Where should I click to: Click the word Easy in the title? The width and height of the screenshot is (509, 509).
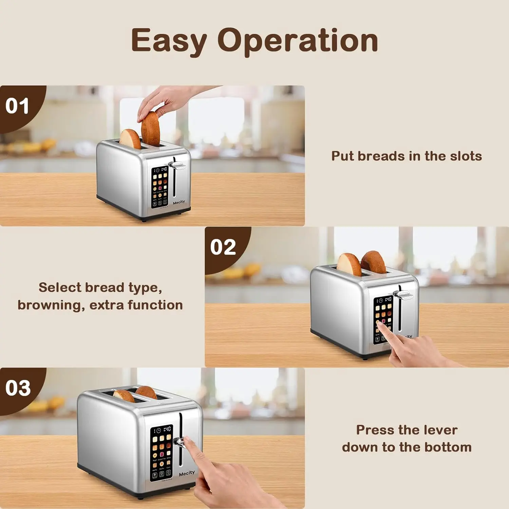pyautogui.click(x=169, y=41)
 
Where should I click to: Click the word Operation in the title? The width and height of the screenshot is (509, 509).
pyautogui.click(x=298, y=41)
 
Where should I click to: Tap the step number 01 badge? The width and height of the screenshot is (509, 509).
pyautogui.click(x=17, y=106)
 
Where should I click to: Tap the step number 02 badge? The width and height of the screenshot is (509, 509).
pyautogui.click(x=223, y=247)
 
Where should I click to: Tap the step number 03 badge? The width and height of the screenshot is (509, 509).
pyautogui.click(x=18, y=388)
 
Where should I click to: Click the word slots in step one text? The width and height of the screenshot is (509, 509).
pyautogui.click(x=466, y=156)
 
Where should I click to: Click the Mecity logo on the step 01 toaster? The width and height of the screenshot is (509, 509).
pyautogui.click(x=179, y=202)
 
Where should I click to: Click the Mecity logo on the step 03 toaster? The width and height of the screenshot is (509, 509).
pyautogui.click(x=187, y=473)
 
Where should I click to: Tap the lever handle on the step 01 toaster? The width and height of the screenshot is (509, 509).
pyautogui.click(x=177, y=165)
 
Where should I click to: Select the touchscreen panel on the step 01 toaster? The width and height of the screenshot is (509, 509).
pyautogui.click(x=160, y=187)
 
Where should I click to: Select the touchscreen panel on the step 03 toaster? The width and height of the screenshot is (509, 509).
pyautogui.click(x=162, y=453)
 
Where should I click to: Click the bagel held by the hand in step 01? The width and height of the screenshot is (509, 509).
pyautogui.click(x=150, y=129)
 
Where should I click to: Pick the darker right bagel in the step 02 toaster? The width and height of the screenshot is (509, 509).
pyautogui.click(x=373, y=262)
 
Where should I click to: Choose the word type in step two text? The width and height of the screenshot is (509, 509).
pyautogui.click(x=145, y=288)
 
